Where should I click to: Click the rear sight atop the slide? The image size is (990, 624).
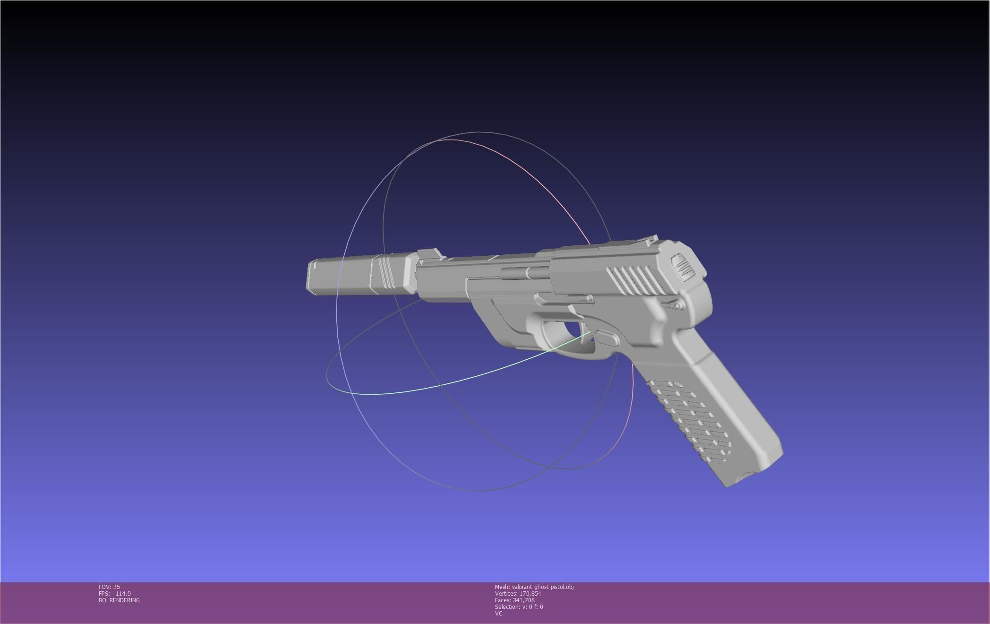651,239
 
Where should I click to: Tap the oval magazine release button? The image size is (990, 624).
606,338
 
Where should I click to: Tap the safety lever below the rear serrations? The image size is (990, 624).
673,305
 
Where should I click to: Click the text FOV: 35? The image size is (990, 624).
109,587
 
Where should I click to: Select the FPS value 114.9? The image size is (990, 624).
123,593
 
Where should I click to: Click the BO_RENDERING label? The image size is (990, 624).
119,600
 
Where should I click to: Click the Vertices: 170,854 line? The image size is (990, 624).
518,593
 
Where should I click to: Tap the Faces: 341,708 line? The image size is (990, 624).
514,600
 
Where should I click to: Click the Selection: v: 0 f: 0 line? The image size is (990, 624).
519,607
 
